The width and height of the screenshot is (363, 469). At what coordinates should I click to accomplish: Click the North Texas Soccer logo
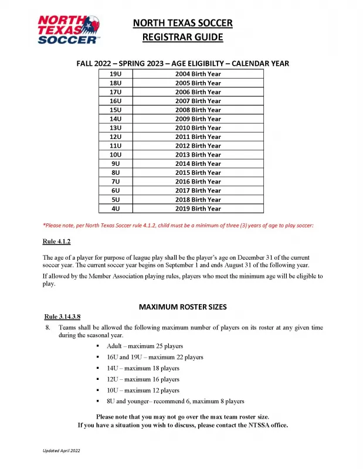pyautogui.click(x=69, y=29)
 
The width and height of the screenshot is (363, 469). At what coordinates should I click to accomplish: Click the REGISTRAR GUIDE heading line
pyautogui.click(x=183, y=38)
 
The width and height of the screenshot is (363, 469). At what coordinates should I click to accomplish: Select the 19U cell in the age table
pyautogui.click(x=116, y=74)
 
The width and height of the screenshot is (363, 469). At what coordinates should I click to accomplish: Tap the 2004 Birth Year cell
pyautogui.click(x=198, y=74)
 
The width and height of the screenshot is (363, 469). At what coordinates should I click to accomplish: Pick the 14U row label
pyautogui.click(x=116, y=119)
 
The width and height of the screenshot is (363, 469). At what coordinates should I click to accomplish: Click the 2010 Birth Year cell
pyautogui.click(x=198, y=128)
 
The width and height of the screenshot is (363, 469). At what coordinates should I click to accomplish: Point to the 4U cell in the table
pyautogui.click(x=116, y=209)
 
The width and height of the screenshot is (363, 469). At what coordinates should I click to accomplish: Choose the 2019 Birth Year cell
pyautogui.click(x=198, y=209)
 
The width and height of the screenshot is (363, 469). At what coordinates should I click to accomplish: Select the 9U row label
pyautogui.click(x=116, y=164)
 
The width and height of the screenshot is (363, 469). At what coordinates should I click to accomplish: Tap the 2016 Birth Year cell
pyautogui.click(x=198, y=182)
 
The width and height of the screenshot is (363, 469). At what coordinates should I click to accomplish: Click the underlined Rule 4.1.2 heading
pyautogui.click(x=57, y=242)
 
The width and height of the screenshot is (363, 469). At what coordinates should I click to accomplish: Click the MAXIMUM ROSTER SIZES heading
pyautogui.click(x=182, y=307)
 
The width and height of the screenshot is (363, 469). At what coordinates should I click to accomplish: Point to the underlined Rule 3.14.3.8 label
pyautogui.click(x=62, y=317)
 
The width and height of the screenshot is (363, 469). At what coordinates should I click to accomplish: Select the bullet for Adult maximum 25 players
pyautogui.click(x=97, y=346)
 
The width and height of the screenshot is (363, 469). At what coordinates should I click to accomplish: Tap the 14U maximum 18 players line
pyautogui.click(x=143, y=368)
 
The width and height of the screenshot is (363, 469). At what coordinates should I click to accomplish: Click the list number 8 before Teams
pyautogui.click(x=48, y=328)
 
